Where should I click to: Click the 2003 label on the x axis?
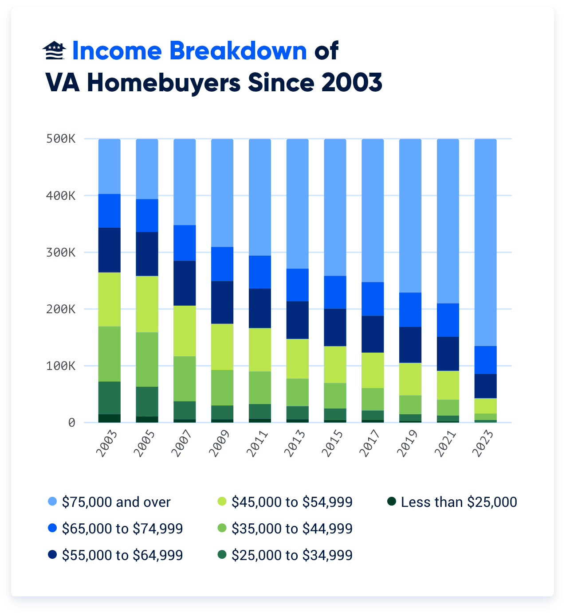(107, 444)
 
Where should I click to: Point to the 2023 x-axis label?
(483, 444)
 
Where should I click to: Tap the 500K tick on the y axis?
(61, 139)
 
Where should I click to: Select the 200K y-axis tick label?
(61, 309)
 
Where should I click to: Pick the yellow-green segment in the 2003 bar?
(110, 299)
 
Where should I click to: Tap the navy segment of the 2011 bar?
(260, 308)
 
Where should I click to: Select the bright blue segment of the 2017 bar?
(373, 299)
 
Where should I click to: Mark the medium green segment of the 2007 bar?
(185, 378)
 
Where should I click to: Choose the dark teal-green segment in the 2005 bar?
(147, 401)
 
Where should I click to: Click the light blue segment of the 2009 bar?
(222, 193)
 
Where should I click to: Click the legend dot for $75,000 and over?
(52, 502)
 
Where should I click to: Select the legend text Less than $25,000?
(459, 502)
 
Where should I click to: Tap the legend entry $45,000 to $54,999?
(292, 502)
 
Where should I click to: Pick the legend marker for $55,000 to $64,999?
(52, 555)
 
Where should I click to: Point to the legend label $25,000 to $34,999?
(292, 555)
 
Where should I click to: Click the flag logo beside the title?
(54, 51)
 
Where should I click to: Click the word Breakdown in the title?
(238, 51)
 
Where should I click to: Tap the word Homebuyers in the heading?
(163, 83)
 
